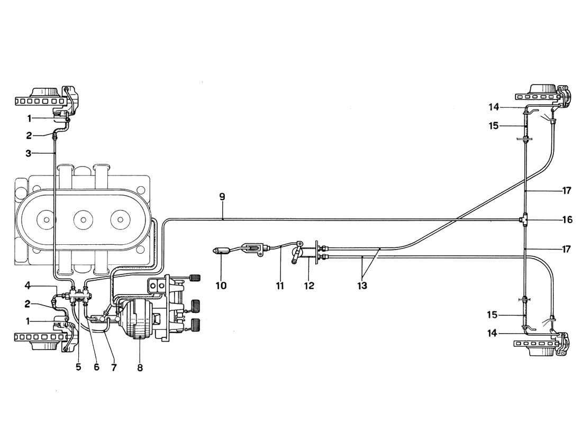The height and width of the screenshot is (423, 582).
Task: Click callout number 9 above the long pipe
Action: tap(222, 197)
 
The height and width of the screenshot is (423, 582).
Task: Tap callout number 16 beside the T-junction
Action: tap(567, 219)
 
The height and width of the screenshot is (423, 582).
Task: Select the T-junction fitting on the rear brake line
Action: tap(524, 219)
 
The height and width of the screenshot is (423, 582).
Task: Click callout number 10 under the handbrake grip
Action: tap(221, 286)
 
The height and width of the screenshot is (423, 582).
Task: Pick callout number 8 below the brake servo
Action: tap(140, 367)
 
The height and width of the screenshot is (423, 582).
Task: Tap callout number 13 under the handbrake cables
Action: tap(361, 286)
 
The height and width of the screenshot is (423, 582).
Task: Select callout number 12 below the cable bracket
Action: tap(309, 286)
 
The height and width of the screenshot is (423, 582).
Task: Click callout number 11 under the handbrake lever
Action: tap(280, 286)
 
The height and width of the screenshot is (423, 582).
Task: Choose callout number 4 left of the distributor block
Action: tap(27, 286)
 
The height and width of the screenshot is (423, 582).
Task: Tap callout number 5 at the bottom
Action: tap(78, 367)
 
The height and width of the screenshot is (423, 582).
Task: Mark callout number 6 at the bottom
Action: tap(96, 367)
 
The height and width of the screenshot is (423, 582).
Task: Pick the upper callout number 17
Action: tap(567, 190)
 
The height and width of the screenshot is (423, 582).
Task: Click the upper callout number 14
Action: tap(494, 107)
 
